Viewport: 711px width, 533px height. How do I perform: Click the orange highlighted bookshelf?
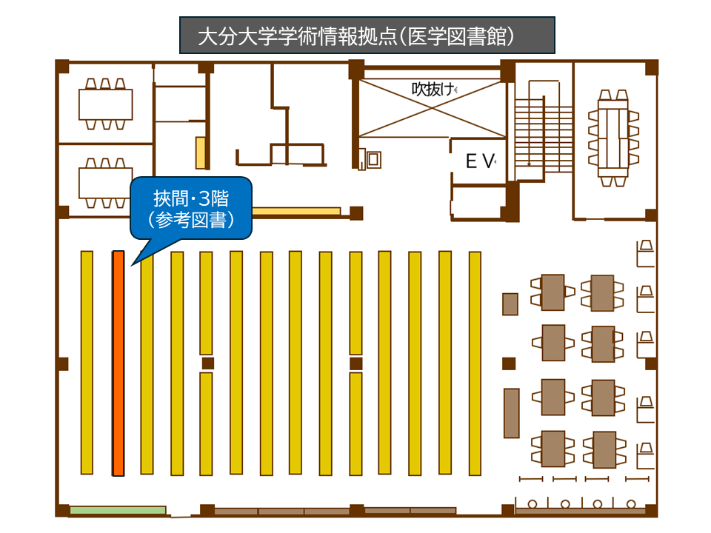pyautogui.click(x=118, y=363)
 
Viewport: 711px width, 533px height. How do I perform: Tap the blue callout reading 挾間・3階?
pyautogui.click(x=191, y=208)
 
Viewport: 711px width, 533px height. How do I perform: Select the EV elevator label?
pyautogui.click(x=478, y=162)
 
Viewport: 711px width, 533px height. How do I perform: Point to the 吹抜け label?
pyautogui.click(x=433, y=90)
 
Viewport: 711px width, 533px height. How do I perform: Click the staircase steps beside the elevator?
pyautogui.click(x=544, y=133)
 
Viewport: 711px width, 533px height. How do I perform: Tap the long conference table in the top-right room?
pyautogui.click(x=613, y=137)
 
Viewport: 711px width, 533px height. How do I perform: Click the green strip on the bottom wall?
pyautogui.click(x=118, y=510)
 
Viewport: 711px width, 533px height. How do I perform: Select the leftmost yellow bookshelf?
pyautogui.click(x=87, y=363)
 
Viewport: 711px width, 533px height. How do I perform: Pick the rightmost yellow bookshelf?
pyautogui.click(x=475, y=363)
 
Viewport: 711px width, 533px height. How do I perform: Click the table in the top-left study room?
pyautogui.click(x=106, y=104)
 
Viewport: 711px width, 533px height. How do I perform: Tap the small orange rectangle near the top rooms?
pyautogui.click(x=201, y=152)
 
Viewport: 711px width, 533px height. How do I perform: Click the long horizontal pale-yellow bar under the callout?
pyautogui.click(x=296, y=211)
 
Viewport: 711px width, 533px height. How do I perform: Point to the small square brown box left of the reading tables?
pyautogui.click(x=510, y=304)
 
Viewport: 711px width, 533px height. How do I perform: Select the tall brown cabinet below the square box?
pyautogui.click(x=510, y=412)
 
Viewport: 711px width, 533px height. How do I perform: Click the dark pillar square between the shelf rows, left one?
pyautogui.click(x=207, y=363)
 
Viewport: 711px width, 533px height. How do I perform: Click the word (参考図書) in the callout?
pyautogui.click(x=191, y=220)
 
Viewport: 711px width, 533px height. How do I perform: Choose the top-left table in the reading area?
pyautogui.click(x=553, y=292)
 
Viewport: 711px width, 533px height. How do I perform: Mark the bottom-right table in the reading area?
pyautogui.click(x=603, y=449)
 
